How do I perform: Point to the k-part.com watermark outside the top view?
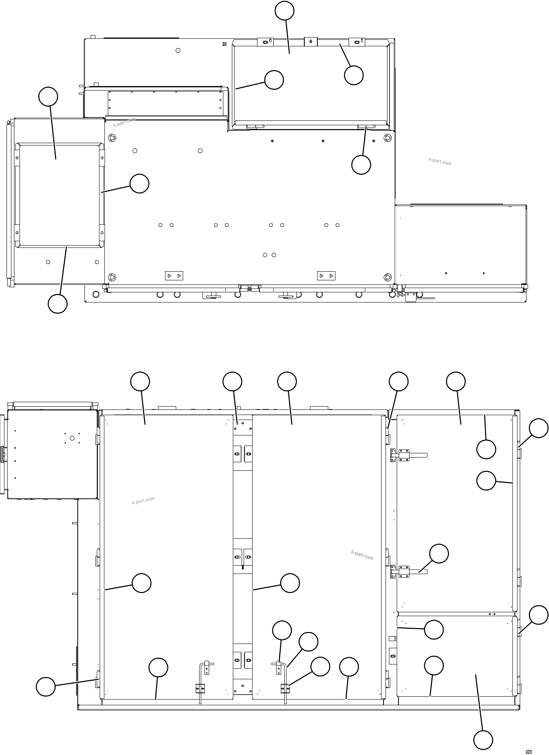440,162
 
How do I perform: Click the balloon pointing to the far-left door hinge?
46,686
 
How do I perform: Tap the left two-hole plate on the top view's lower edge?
174,276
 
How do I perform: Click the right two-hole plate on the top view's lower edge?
326,276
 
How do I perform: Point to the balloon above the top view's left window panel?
48,97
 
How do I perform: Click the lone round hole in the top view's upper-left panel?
178,50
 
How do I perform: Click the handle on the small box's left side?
3,454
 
